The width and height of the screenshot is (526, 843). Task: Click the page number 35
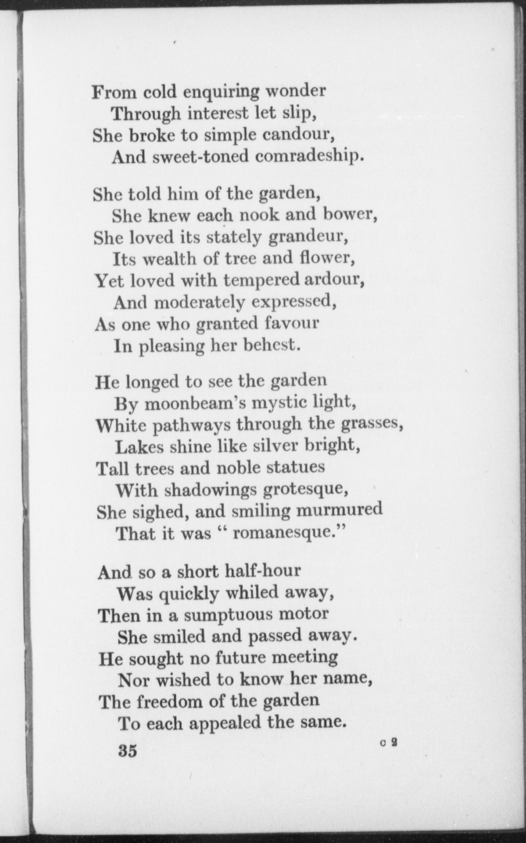[128, 751]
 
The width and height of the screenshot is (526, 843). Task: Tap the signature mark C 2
[389, 743]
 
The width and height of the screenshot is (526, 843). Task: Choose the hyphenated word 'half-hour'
[262, 571]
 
